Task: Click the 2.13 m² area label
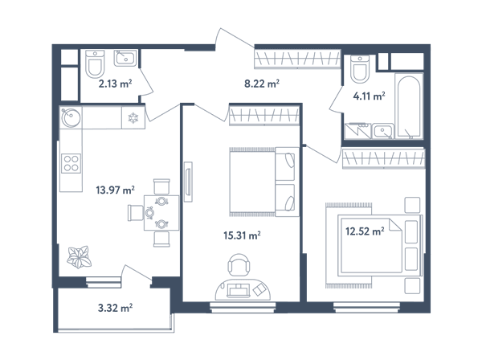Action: [x=115, y=84]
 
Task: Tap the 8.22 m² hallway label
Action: [x=262, y=84]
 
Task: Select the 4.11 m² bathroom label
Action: [x=369, y=96]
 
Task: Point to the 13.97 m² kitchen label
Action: [x=115, y=190]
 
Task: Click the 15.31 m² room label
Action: [x=243, y=235]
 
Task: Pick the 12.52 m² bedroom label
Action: [x=365, y=231]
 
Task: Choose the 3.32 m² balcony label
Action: [x=115, y=308]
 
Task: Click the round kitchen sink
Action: [x=71, y=117]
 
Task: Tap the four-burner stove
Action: [x=71, y=163]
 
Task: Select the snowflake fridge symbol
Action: [x=133, y=117]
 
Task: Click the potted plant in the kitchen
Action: [x=80, y=256]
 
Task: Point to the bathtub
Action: [x=409, y=106]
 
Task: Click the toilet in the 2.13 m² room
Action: [x=95, y=63]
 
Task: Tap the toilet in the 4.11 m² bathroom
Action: [x=360, y=69]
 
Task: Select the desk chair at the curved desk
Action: [x=239, y=265]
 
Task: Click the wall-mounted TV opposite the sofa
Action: [x=188, y=182]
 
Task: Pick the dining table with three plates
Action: [x=161, y=213]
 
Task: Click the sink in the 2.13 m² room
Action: [x=125, y=58]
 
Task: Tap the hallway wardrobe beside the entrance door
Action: [x=297, y=59]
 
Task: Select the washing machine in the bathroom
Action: [x=358, y=131]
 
